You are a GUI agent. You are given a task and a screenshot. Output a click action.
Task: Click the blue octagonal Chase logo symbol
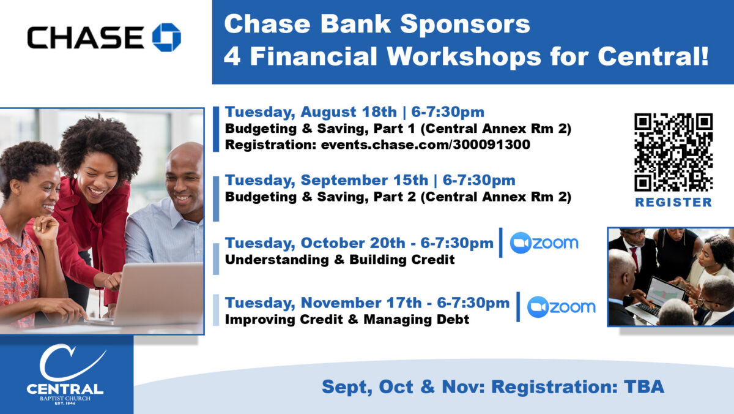coord(166,37)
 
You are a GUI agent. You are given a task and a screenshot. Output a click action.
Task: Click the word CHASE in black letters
coord(86,38)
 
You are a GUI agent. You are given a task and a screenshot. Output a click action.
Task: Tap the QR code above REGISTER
coord(673,152)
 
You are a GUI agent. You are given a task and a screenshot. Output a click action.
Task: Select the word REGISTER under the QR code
coord(673,202)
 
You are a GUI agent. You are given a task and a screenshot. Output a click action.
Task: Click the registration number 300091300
coord(491,145)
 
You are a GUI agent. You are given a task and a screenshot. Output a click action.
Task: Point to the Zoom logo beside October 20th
coord(544,243)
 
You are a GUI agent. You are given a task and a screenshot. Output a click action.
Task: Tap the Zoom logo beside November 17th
coord(562,307)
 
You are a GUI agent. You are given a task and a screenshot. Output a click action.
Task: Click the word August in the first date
coord(328,113)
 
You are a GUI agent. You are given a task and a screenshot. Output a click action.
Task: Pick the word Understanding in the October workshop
coord(277,260)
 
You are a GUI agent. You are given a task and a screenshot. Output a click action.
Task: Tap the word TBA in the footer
coord(644,387)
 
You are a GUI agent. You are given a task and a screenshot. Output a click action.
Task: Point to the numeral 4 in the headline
coord(232,56)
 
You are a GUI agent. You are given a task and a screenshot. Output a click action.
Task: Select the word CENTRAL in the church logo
coord(65,389)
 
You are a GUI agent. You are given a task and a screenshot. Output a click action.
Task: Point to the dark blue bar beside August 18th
coord(216,129)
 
